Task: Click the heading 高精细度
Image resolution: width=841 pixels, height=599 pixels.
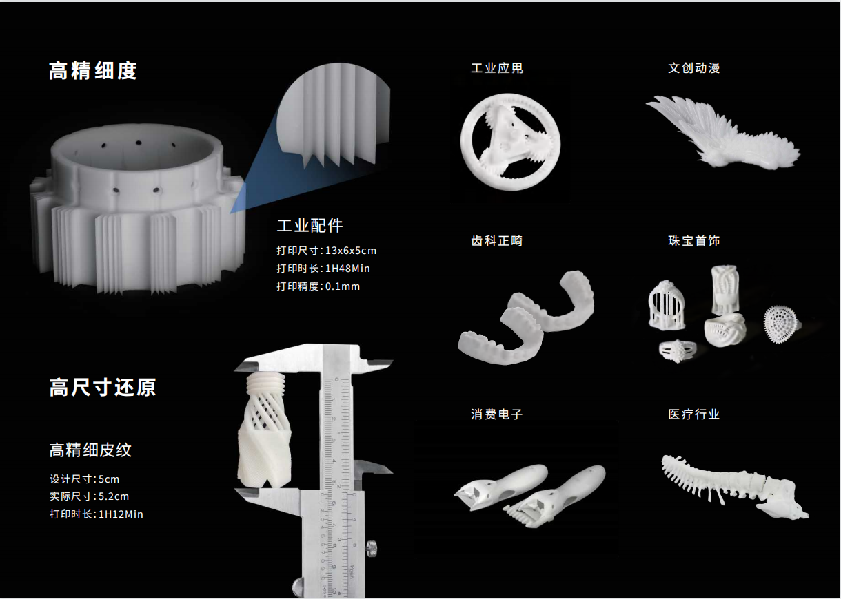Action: tap(93, 70)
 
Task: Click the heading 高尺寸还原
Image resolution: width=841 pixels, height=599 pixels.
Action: tap(103, 387)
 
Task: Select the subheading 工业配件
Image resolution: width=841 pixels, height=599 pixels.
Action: tap(310, 226)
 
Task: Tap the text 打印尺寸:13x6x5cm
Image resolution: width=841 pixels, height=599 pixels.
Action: tap(327, 251)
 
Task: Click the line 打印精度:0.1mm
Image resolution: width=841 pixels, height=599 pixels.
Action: tap(318, 286)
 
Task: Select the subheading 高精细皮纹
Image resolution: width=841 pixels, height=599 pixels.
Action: tap(90, 450)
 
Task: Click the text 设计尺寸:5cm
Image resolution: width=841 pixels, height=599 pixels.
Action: tap(85, 479)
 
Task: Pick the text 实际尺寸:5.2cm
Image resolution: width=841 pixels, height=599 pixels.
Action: tap(90, 496)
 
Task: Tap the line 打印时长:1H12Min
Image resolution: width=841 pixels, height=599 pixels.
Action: tap(97, 514)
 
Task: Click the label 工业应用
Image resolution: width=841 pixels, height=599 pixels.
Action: tap(497, 68)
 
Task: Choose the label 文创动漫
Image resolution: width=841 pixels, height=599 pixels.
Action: tap(694, 68)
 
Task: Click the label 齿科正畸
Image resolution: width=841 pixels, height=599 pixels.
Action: tap(497, 241)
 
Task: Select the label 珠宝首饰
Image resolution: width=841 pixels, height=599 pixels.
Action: tap(694, 241)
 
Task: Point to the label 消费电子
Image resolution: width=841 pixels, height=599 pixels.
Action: tap(497, 414)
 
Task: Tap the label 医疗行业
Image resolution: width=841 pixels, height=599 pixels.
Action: tap(694, 414)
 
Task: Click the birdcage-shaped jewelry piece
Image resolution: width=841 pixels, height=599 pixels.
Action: tap(665, 303)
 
